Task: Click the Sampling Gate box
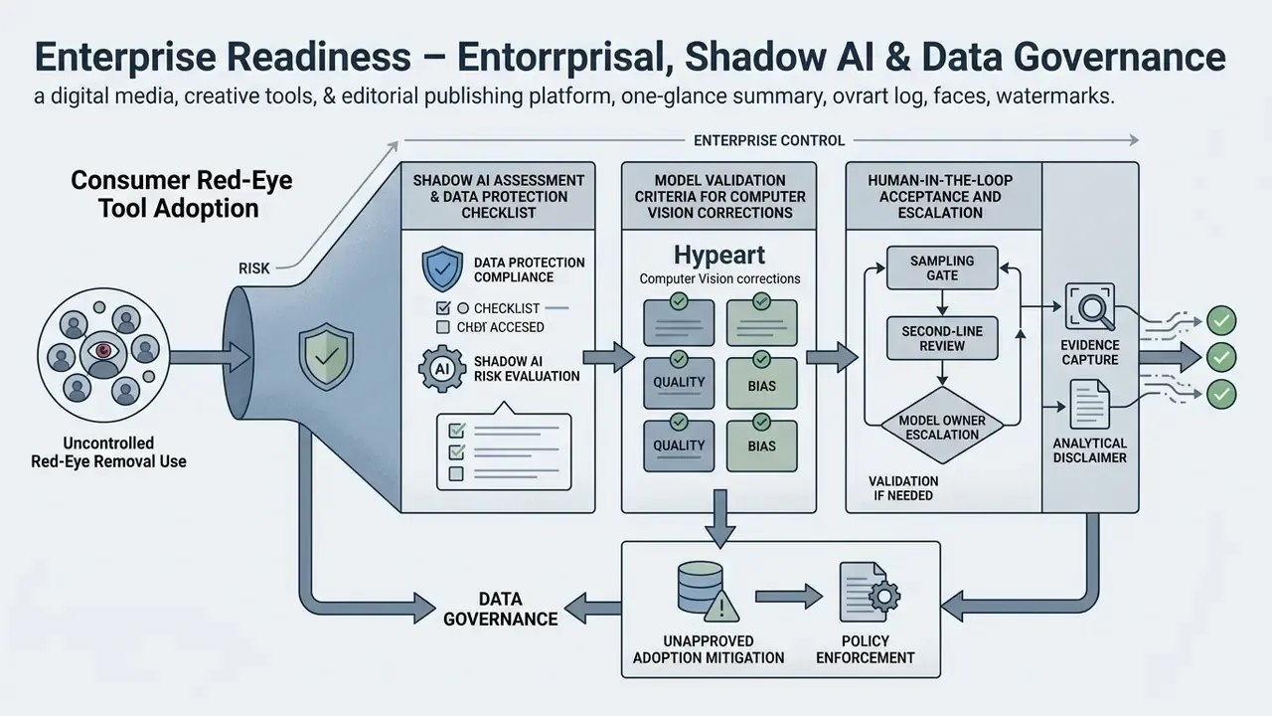coord(942,268)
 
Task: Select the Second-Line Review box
coord(942,338)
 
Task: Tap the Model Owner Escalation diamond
coord(942,426)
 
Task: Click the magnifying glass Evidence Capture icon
coord(1090,307)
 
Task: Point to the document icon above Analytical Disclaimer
coord(1090,404)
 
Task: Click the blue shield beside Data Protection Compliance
coord(442,268)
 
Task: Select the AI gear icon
coord(442,369)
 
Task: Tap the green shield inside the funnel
coord(326,356)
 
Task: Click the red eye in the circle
coord(102,351)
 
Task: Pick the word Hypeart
coord(719,256)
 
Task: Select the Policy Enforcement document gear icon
coord(870,592)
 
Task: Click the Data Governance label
coord(500,609)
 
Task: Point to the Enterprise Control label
coord(769,140)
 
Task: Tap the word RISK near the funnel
coord(253,268)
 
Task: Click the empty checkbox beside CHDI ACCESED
coord(443,327)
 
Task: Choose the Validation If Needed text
coord(903,488)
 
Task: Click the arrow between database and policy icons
coord(789,597)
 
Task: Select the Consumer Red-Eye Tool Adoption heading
coord(181,194)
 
